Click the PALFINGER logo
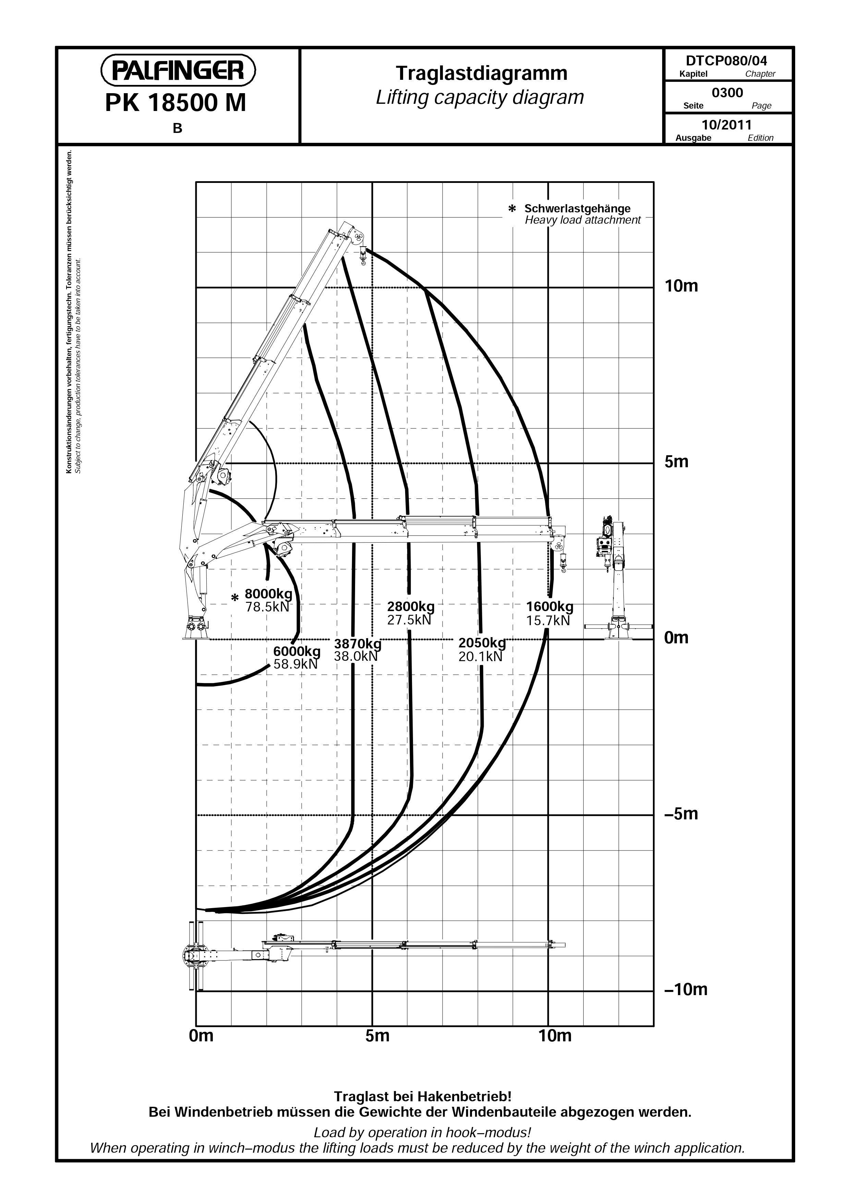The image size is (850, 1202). pyautogui.click(x=178, y=70)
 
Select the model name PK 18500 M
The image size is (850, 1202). pyautogui.click(x=175, y=103)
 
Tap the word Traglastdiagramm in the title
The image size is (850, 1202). pyautogui.click(x=481, y=73)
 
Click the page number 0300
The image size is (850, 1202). pyautogui.click(x=727, y=93)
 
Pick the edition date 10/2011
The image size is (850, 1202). pyautogui.click(x=726, y=125)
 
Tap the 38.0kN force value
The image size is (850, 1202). pyautogui.click(x=356, y=656)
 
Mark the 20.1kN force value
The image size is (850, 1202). pyautogui.click(x=480, y=657)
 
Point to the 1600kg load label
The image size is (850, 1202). pyautogui.click(x=549, y=607)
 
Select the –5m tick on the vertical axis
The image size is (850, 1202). pyautogui.click(x=681, y=814)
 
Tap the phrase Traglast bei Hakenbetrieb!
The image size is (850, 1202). pyautogui.click(x=423, y=1096)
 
